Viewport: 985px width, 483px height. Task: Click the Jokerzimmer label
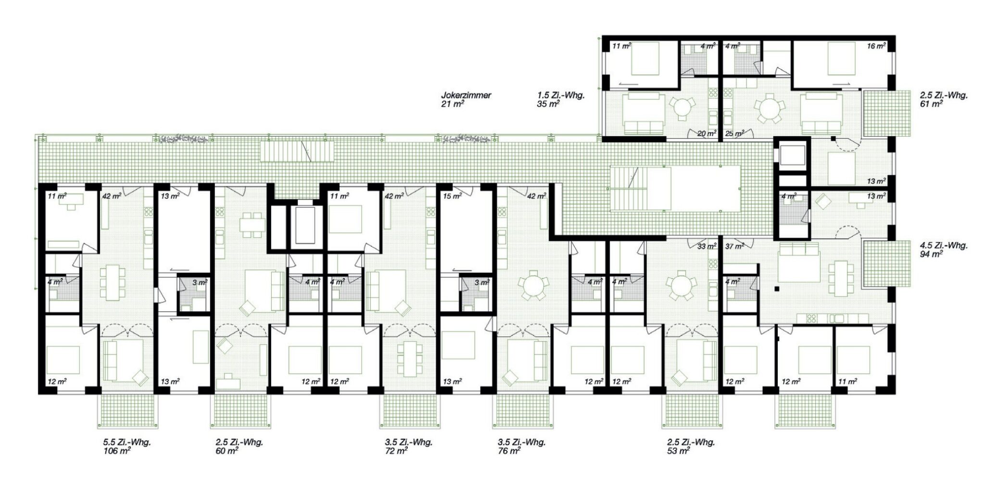click(x=466, y=95)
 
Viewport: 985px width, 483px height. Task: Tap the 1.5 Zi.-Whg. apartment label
click(x=561, y=95)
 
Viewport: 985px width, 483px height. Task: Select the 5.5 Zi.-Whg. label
click(x=127, y=443)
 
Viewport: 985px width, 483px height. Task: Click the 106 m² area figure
click(x=117, y=451)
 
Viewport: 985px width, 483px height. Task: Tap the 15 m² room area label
click(x=452, y=196)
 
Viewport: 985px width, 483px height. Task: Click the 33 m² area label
click(x=706, y=246)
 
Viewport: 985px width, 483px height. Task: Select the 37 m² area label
click(x=734, y=246)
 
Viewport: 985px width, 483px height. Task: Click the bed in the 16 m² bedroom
click(x=841, y=59)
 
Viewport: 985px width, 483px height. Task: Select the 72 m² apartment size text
click(x=397, y=451)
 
